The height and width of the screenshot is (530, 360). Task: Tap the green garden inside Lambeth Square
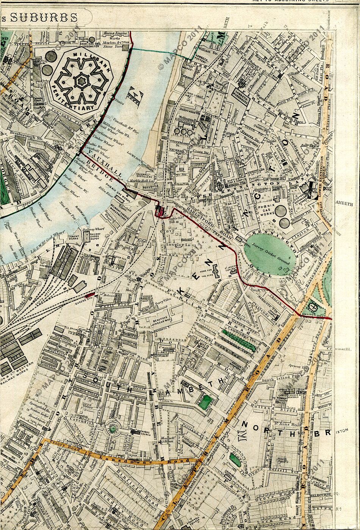point(205,402)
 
